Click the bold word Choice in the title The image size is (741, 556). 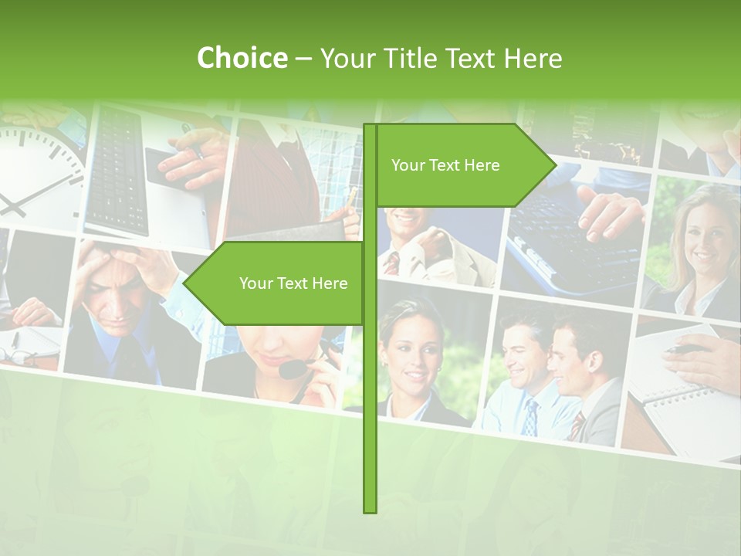pos(242,58)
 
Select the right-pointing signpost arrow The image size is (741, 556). pos(463,165)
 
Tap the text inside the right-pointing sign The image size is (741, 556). pos(445,165)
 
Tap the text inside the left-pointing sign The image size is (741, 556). pos(293,283)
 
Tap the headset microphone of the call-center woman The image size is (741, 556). pos(292,370)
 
